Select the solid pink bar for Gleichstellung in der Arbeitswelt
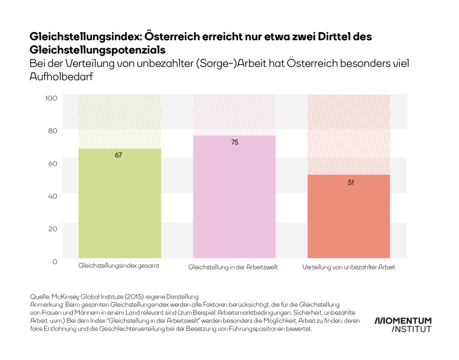[234, 198]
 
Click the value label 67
[119, 155]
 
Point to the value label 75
[234, 142]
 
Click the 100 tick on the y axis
[52, 98]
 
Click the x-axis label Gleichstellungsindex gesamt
[119, 267]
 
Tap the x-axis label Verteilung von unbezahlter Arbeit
[349, 267]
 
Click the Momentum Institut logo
[403, 324]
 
